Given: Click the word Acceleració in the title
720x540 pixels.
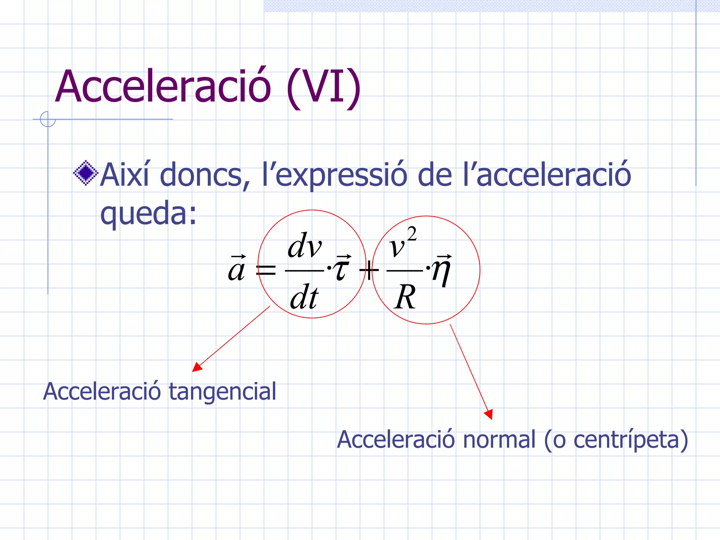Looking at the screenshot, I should (x=163, y=86).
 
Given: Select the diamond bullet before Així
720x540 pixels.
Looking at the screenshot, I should (x=85, y=173).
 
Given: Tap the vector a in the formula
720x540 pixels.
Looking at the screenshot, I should (x=237, y=269).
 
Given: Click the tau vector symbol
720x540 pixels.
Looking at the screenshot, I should (x=342, y=269).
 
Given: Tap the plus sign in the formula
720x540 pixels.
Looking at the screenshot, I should (x=368, y=270).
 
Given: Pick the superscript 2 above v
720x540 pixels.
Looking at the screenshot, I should (x=412, y=234).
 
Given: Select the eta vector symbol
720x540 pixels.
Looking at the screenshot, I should (x=442, y=270).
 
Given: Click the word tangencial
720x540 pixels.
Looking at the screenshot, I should (x=222, y=392).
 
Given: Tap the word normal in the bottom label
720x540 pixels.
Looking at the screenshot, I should (x=499, y=439).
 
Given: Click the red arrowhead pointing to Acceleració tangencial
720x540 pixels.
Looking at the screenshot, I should (x=197, y=367).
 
